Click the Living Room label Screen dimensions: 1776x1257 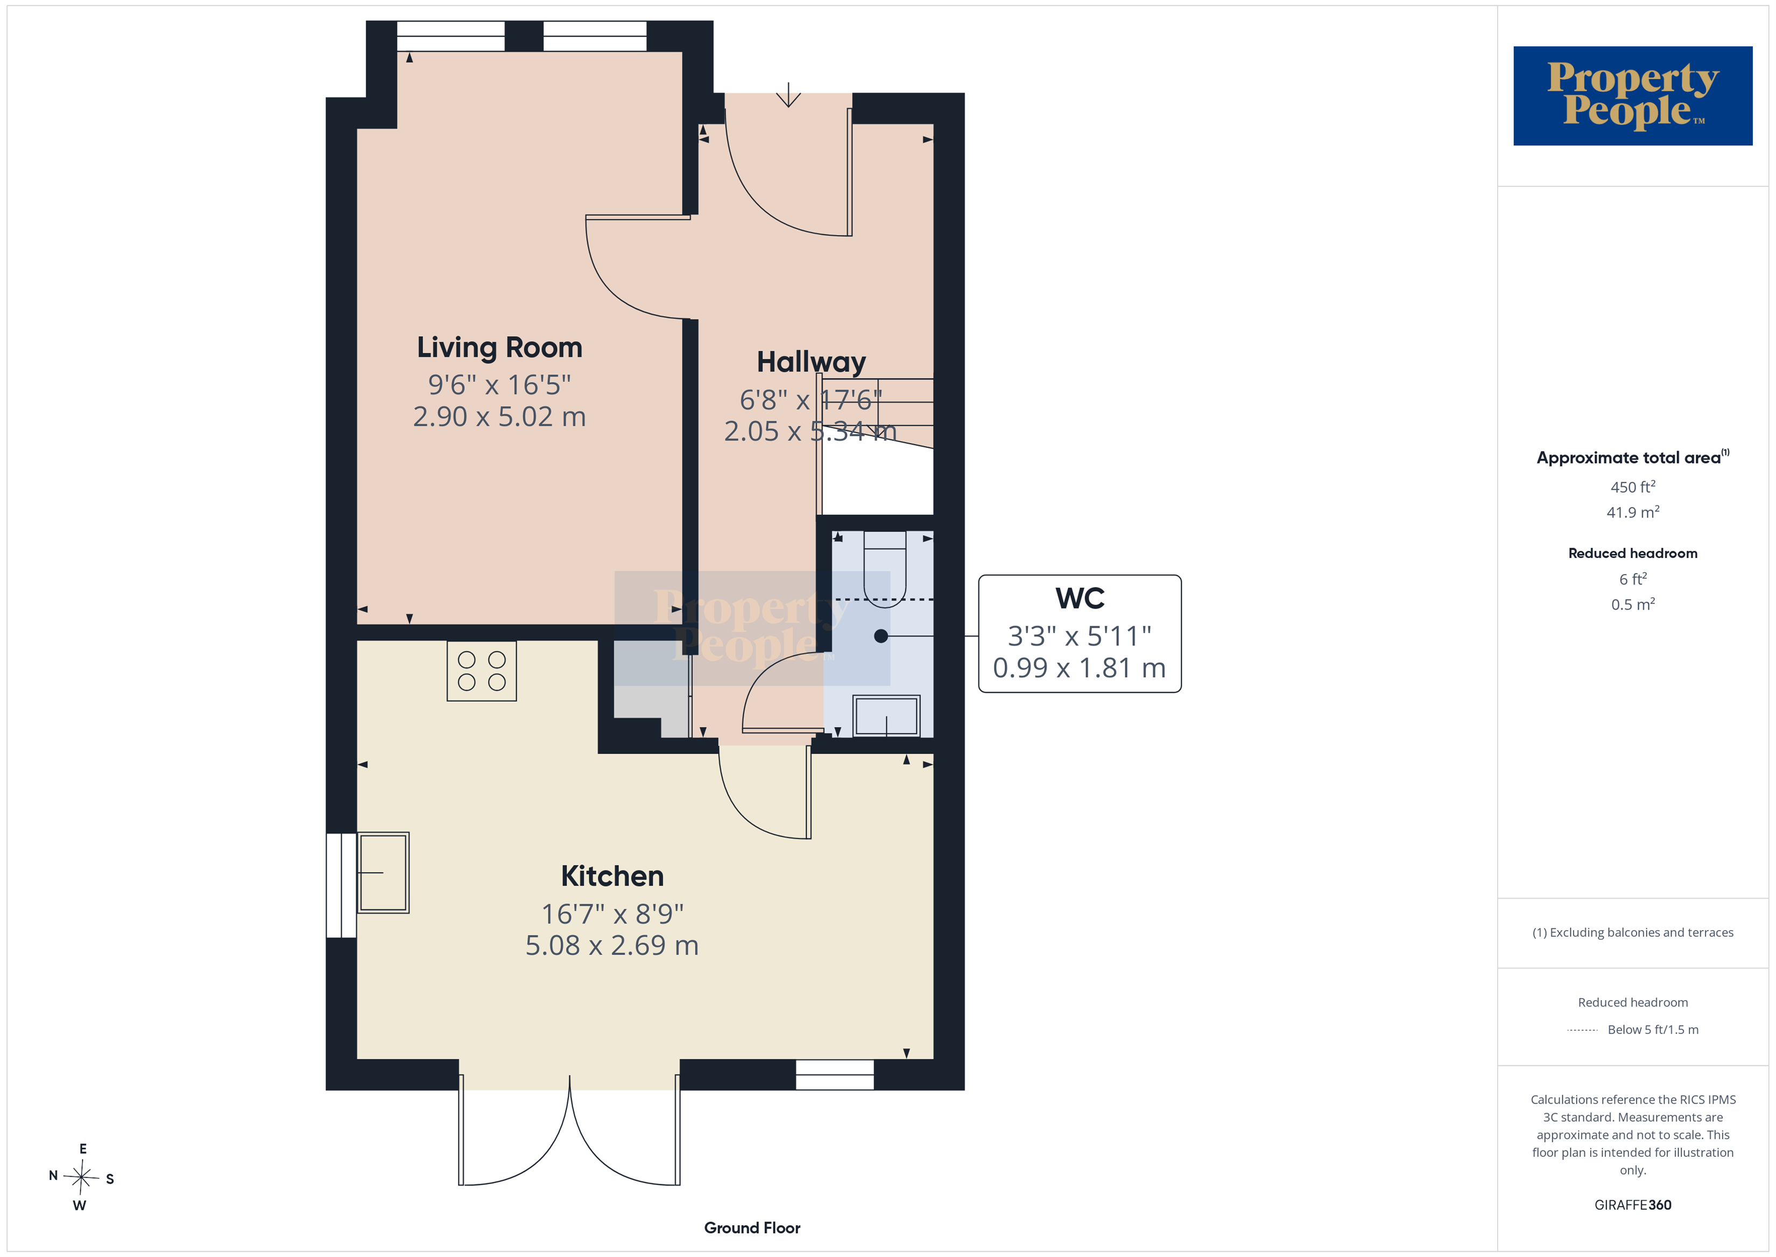click(x=499, y=347)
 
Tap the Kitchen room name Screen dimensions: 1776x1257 click(x=612, y=876)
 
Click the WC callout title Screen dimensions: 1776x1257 click(x=1080, y=598)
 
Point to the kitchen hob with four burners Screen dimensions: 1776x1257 click(x=481, y=671)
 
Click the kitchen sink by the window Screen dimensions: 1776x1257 click(x=383, y=872)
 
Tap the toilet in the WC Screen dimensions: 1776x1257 click(x=884, y=567)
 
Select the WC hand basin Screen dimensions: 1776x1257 click(x=886, y=715)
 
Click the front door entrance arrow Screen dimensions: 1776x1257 click(x=788, y=94)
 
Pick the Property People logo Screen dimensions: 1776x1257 click(x=1633, y=96)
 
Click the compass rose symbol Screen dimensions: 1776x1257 click(x=81, y=1177)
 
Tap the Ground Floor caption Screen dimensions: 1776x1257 click(x=752, y=1227)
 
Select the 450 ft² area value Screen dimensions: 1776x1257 click(x=1633, y=487)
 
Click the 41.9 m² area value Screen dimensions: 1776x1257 click(x=1633, y=512)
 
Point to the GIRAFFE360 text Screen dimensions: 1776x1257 click(x=1633, y=1205)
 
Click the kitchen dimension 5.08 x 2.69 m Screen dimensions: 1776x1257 click(x=612, y=945)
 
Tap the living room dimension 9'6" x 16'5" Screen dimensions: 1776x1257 click(x=499, y=384)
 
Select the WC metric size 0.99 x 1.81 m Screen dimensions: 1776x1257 click(x=1079, y=667)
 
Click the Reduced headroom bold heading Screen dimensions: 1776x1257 click(x=1633, y=554)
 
